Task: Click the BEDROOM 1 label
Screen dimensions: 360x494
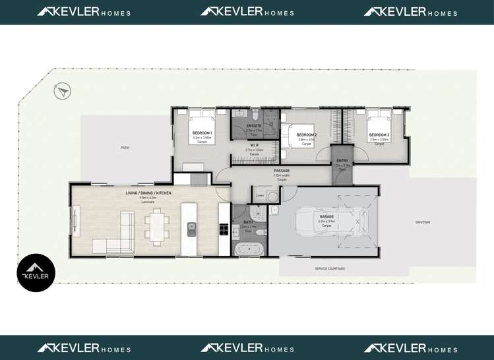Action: point(202,133)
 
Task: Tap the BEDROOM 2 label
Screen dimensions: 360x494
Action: point(307,135)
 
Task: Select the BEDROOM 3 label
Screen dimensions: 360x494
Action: point(379,135)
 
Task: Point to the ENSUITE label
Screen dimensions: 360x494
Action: point(254,126)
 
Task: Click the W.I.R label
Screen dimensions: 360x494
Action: point(254,145)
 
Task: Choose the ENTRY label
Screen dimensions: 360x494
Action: point(342,161)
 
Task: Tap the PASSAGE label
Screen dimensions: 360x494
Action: point(282,171)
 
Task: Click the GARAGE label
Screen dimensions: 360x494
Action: point(326,216)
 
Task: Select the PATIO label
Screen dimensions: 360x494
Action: point(125,148)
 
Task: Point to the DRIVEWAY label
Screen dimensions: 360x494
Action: point(423,222)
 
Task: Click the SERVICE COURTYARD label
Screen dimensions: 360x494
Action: point(330,269)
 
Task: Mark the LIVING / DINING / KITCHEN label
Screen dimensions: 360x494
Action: point(148,193)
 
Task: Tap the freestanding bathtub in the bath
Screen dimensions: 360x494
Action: point(249,250)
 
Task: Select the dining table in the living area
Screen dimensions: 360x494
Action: point(157,226)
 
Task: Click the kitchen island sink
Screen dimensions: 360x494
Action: point(191,229)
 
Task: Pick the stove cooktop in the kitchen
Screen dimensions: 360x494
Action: point(224,229)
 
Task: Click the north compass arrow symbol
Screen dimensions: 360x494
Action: point(63,91)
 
